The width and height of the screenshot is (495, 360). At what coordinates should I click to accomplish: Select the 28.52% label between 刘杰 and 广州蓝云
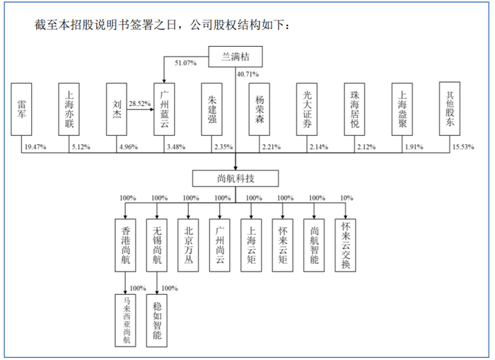(x=139, y=103)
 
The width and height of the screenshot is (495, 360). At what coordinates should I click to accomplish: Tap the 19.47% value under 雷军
(x=35, y=146)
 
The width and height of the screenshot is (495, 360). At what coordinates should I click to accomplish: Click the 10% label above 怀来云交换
(x=349, y=198)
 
